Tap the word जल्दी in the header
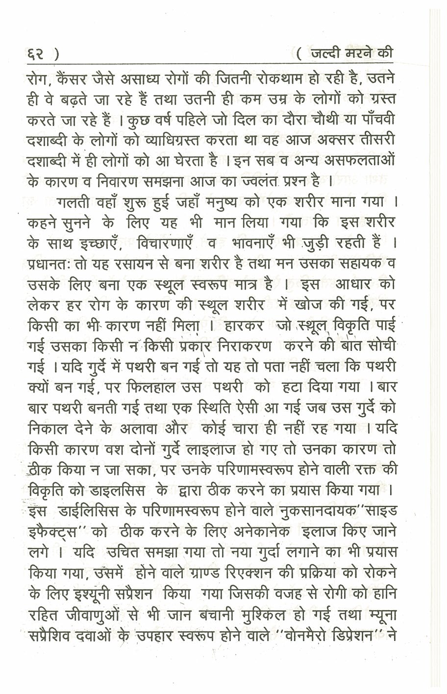(x=329, y=53)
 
